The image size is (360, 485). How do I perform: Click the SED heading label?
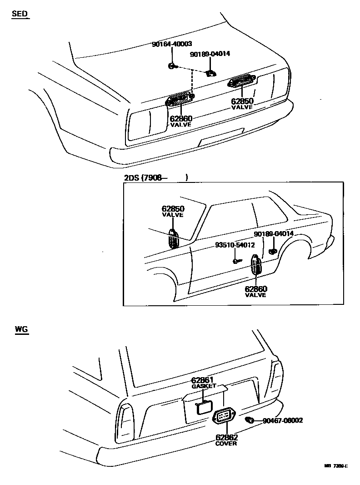click(x=20, y=14)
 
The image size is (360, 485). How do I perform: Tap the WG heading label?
click(x=21, y=329)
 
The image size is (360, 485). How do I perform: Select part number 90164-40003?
click(x=171, y=44)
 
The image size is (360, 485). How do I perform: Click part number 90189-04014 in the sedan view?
click(x=210, y=54)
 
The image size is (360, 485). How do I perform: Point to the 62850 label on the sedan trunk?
click(x=242, y=101)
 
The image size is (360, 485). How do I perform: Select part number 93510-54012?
click(x=235, y=245)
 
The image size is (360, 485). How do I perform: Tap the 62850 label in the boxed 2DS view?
click(x=173, y=209)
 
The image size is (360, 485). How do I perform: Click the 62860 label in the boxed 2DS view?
click(x=255, y=289)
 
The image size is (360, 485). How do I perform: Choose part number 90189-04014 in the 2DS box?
click(x=274, y=234)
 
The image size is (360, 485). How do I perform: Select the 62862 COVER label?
click(x=226, y=438)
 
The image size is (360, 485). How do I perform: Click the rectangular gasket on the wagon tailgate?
click(x=204, y=407)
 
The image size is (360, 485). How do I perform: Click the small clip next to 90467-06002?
click(x=249, y=419)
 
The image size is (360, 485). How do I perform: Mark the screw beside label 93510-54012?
click(x=236, y=261)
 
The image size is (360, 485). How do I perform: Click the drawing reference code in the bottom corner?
click(x=336, y=466)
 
